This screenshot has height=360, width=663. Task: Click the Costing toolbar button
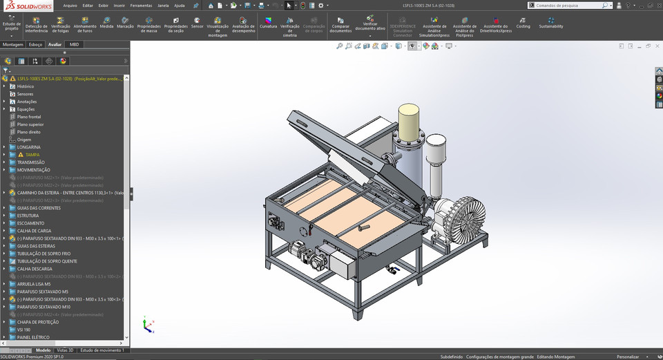point(523,23)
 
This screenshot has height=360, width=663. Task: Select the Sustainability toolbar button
point(550,23)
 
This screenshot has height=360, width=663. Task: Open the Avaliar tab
point(55,44)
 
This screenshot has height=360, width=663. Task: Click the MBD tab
point(74,44)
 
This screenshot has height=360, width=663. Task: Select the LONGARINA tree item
point(29,147)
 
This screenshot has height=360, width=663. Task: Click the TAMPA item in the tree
point(32,155)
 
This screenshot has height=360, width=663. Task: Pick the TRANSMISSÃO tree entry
point(31,162)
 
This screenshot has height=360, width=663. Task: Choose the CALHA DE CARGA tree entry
point(34,231)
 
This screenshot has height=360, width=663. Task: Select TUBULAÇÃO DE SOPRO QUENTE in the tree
point(46,261)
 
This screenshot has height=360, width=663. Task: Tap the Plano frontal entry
point(29,117)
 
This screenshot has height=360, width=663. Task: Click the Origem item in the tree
point(24,140)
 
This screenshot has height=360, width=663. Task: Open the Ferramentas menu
point(141,5)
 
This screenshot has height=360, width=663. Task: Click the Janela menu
point(163,5)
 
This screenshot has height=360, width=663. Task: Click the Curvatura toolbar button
point(268,23)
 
